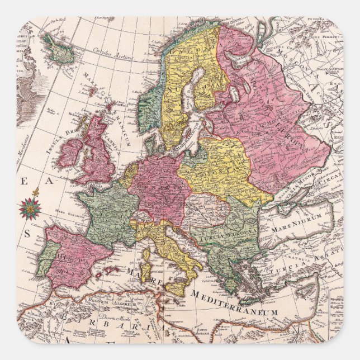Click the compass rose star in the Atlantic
coord(29,208)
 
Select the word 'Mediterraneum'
coord(235,302)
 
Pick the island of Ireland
coord(70,153)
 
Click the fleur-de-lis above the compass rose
coord(36,193)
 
